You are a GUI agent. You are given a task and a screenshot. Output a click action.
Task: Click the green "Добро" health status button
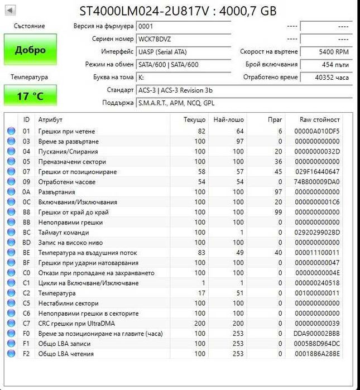pyautogui.click(x=30, y=50)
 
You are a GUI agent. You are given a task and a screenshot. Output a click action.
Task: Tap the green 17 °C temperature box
pyautogui.click(x=30, y=96)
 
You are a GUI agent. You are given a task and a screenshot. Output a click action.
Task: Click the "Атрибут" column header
pyautogui.click(x=50, y=120)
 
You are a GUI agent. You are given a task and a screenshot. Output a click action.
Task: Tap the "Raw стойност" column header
pyautogui.click(x=319, y=120)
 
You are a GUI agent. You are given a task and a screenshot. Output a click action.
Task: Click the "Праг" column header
pyautogui.click(x=275, y=120)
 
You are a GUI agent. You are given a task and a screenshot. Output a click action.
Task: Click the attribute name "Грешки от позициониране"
pyautogui.click(x=77, y=172)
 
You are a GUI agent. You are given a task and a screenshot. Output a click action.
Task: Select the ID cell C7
pyautogui.click(x=26, y=324)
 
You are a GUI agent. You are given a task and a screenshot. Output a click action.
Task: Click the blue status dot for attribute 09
pyautogui.click(x=11, y=182)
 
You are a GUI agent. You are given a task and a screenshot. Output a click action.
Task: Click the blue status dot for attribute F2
pyautogui.click(x=11, y=354)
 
